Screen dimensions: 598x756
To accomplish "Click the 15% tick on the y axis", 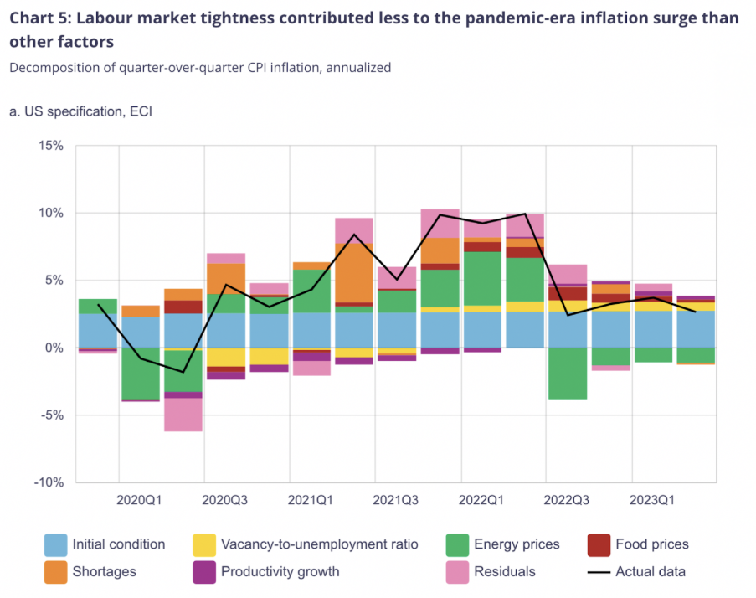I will tap(51, 146).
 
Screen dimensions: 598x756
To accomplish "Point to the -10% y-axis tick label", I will tap(49, 482).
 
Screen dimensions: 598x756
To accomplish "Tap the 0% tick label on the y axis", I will tap(54, 348).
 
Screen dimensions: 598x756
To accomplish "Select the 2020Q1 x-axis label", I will tap(140, 501).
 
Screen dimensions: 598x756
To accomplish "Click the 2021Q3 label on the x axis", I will tap(396, 501).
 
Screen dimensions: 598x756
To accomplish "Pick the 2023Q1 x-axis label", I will tap(652, 501).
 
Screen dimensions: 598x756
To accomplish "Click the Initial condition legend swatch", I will tap(54, 545).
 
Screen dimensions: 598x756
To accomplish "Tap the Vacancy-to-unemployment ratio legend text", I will tap(318, 544).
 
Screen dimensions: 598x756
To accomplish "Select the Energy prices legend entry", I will tap(517, 544).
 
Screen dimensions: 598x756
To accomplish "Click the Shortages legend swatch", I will tap(54, 572).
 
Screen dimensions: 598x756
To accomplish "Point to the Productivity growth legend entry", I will tap(280, 572).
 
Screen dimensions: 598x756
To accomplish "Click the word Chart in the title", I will tap(31, 18).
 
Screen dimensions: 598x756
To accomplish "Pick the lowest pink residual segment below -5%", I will tap(183, 414).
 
